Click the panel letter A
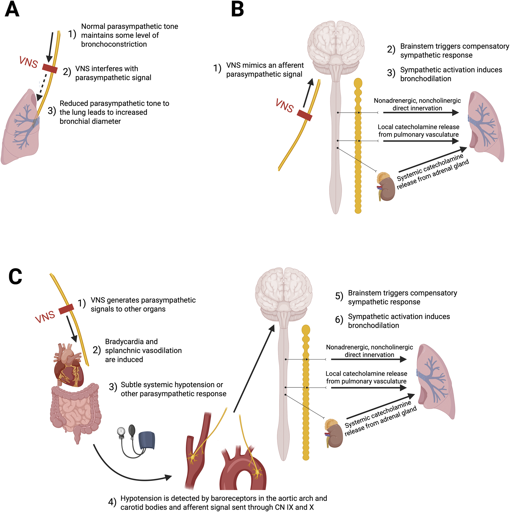coord(12,10)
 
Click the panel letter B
coord(237,10)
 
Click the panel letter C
coord(15,276)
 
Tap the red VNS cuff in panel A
coord(50,68)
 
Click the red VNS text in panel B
coord(284,106)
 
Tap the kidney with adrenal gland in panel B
coord(386,186)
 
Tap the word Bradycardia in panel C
coord(131,342)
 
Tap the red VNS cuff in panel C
coord(66,309)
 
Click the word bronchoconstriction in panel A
coord(114,44)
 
